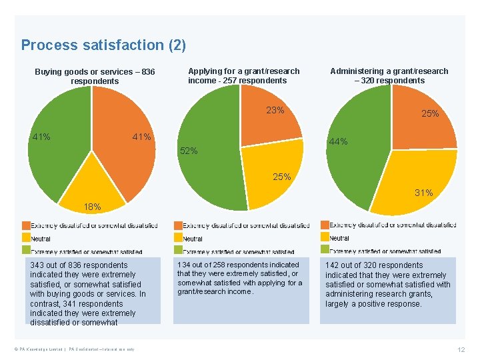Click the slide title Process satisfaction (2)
click(x=103, y=45)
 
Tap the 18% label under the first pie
click(x=92, y=207)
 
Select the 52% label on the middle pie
click(x=189, y=151)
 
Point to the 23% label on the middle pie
click(x=275, y=110)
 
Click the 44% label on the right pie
click(x=338, y=141)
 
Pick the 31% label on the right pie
click(x=424, y=193)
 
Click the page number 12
click(x=461, y=350)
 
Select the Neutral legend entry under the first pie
click(x=41, y=239)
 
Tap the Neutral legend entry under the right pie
click(x=339, y=238)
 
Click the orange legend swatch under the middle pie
click(x=178, y=225)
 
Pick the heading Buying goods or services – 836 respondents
click(x=95, y=76)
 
